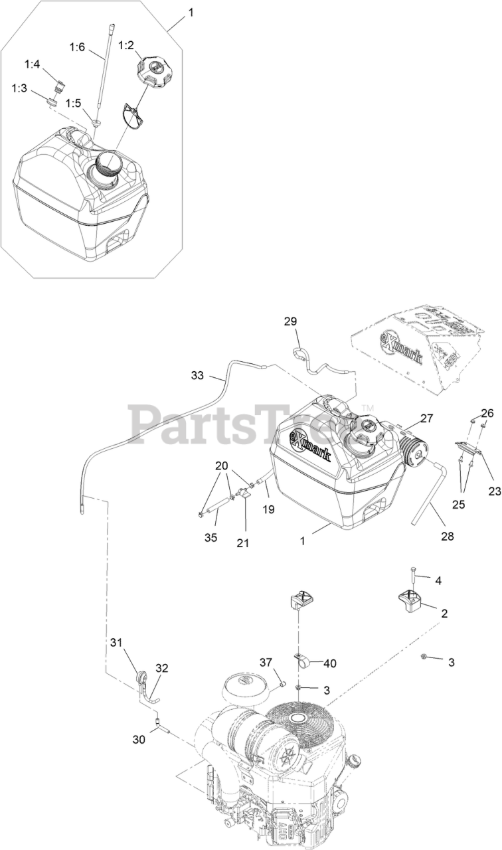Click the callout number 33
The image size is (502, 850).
click(197, 375)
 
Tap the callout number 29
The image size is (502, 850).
click(290, 321)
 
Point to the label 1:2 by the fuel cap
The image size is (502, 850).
click(126, 45)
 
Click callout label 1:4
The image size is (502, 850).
click(32, 64)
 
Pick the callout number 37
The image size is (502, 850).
click(266, 662)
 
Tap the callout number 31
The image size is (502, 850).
click(117, 642)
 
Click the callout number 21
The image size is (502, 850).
click(243, 543)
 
